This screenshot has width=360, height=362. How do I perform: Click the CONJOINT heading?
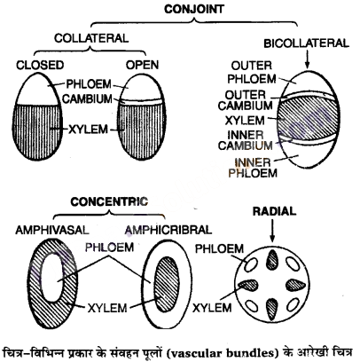click(x=194, y=9)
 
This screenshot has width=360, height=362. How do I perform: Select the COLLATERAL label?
click(x=91, y=38)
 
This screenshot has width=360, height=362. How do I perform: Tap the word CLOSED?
click(x=40, y=65)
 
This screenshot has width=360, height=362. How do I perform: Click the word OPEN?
click(x=142, y=65)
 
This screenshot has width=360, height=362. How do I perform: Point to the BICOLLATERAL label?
click(x=306, y=43)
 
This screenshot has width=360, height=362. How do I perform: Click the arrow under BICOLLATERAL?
click(x=308, y=59)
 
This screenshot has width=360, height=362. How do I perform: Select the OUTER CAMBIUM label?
click(x=245, y=100)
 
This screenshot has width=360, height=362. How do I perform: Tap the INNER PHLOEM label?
click(x=253, y=168)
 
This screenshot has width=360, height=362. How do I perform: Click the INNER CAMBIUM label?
click(x=246, y=140)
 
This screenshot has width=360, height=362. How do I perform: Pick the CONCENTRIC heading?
click(x=109, y=201)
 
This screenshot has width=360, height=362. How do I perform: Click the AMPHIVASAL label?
click(x=52, y=230)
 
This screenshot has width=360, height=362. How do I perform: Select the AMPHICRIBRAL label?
click(x=168, y=230)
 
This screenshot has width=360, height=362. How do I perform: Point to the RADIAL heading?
click(x=274, y=211)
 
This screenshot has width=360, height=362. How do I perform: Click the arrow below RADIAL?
click(x=272, y=231)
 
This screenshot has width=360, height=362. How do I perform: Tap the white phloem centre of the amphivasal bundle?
click(x=52, y=278)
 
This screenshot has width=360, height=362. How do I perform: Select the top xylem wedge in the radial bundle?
click(x=272, y=259)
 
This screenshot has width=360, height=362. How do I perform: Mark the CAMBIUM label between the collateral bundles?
click(x=88, y=98)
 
